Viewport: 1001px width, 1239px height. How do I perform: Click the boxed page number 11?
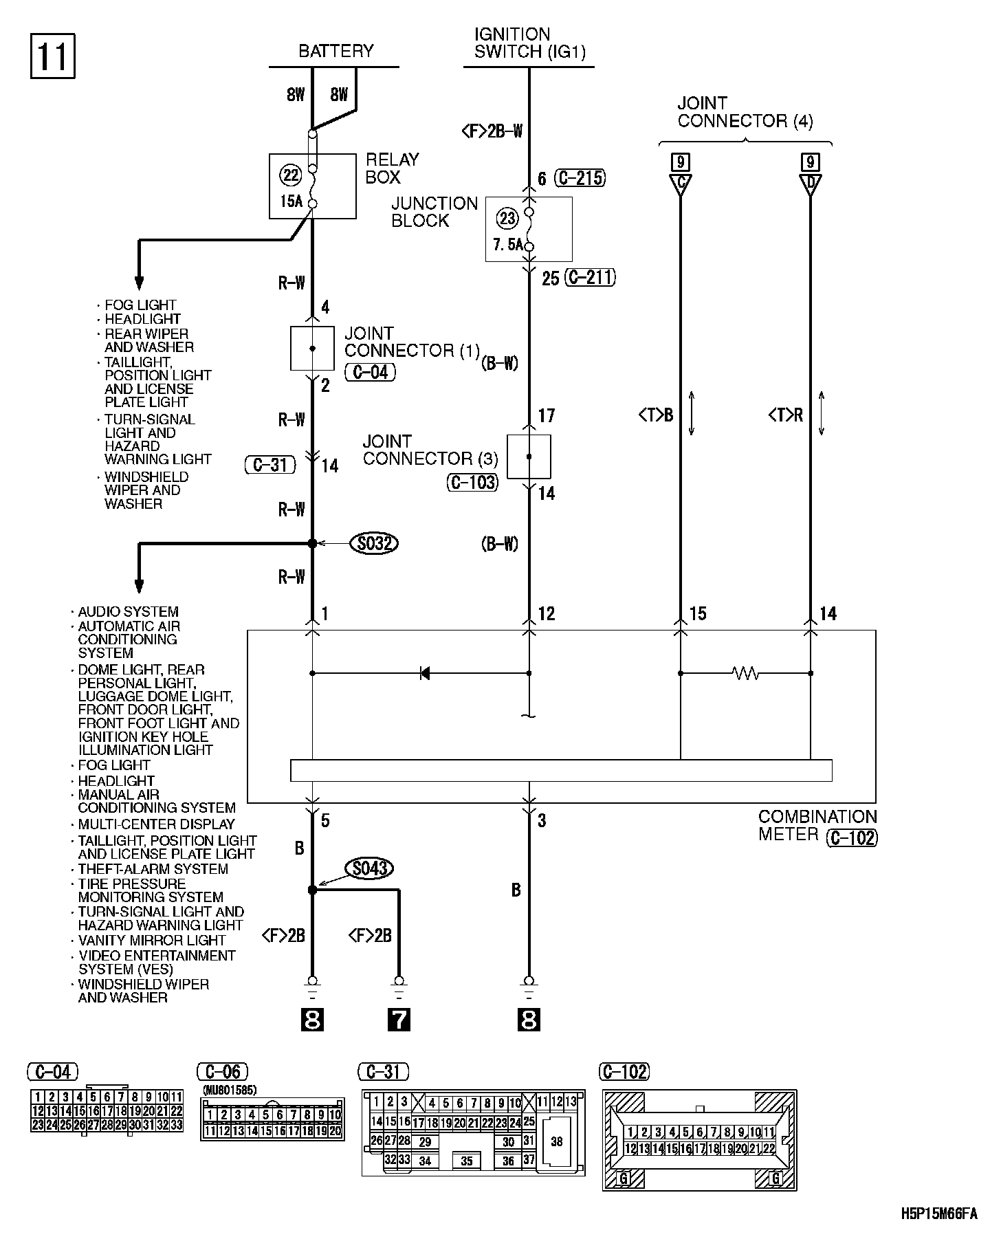(x=52, y=56)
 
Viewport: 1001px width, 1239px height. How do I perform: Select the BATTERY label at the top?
(x=335, y=51)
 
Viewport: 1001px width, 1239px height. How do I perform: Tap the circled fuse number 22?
(x=291, y=175)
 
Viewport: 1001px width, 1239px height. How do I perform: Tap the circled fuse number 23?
(x=507, y=219)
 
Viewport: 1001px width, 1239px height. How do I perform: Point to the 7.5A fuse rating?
(x=507, y=244)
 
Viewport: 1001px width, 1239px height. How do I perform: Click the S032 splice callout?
(x=374, y=543)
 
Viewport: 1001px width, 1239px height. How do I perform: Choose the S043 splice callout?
(x=370, y=868)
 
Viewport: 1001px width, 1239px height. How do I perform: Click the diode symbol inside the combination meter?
(x=424, y=673)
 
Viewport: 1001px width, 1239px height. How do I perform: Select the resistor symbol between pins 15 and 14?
(x=746, y=674)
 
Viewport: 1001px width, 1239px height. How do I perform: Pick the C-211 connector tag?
(x=589, y=278)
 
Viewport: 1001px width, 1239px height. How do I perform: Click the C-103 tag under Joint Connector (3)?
(x=472, y=482)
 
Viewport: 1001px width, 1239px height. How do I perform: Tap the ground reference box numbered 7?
(x=399, y=1019)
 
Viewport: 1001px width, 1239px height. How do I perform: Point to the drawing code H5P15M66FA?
(x=939, y=1214)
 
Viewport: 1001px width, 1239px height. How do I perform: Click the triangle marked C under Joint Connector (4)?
(x=680, y=184)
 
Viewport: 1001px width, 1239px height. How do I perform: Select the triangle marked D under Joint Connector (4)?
(x=811, y=184)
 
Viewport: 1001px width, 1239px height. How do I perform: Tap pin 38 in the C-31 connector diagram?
(x=556, y=1141)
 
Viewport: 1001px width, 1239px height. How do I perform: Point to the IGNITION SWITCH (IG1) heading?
(x=529, y=43)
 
